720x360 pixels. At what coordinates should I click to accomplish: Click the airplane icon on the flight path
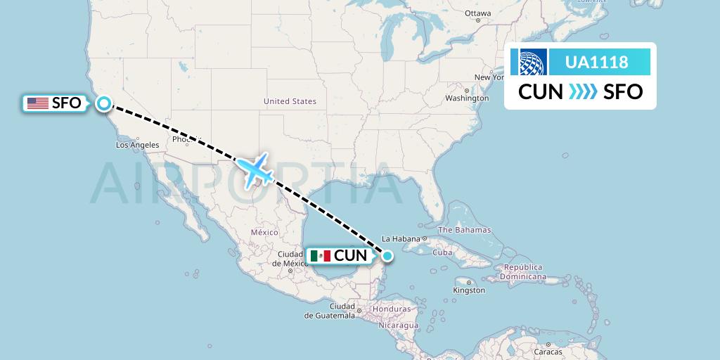[255, 169]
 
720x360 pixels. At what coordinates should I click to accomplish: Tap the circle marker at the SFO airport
[104, 103]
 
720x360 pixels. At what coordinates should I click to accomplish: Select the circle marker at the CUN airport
[387, 255]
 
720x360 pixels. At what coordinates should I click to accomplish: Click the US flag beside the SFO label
[37, 103]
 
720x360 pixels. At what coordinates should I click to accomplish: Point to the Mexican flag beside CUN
[320, 255]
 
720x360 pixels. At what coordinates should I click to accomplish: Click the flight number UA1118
[597, 62]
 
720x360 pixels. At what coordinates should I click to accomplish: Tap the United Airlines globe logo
[533, 62]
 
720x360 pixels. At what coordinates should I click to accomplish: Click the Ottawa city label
[477, 13]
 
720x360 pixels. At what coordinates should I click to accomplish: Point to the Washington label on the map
[467, 98]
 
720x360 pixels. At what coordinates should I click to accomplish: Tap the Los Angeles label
[137, 145]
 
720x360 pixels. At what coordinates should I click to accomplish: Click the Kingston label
[469, 290]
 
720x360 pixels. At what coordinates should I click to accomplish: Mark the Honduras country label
[392, 309]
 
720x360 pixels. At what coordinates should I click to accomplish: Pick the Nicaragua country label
[397, 326]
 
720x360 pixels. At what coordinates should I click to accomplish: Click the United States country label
[290, 101]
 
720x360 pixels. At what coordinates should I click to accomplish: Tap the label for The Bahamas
[465, 230]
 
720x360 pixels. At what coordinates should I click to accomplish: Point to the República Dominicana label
[523, 272]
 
